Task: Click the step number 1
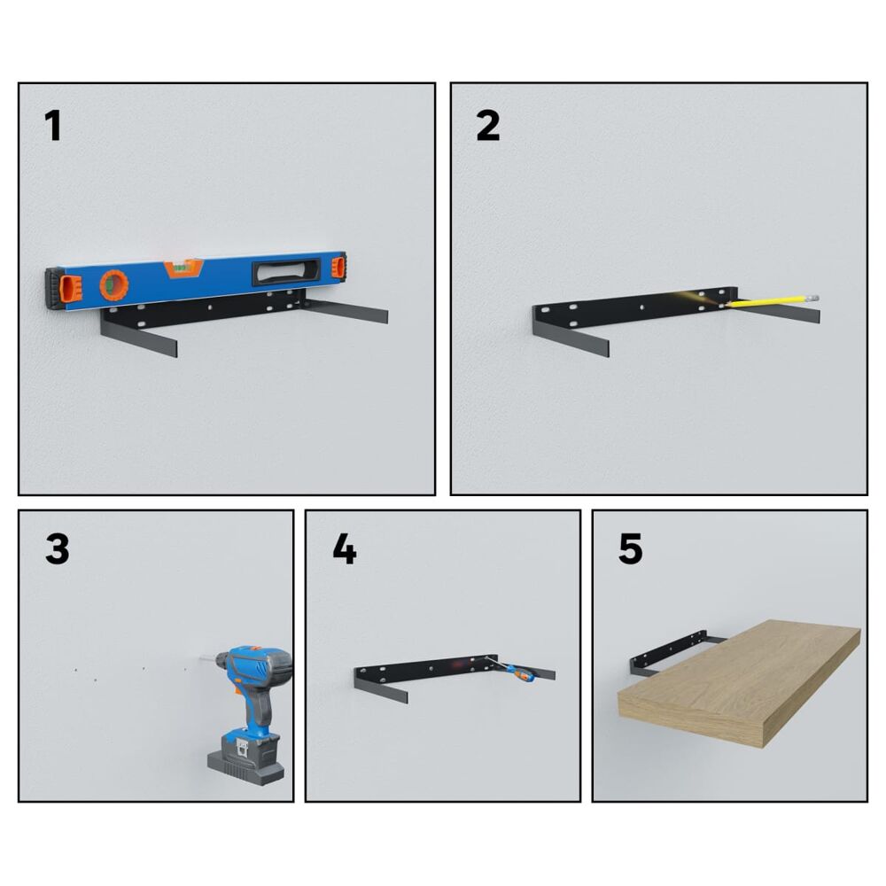tap(53, 126)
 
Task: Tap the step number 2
tap(488, 126)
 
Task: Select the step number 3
tap(57, 548)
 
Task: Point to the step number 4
tap(345, 548)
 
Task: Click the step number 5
tap(631, 548)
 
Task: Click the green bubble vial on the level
tap(183, 263)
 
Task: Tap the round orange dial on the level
tap(114, 285)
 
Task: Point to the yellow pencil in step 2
tap(772, 300)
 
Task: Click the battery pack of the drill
tap(245, 760)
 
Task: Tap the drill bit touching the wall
tap(206, 658)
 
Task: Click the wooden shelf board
tap(740, 684)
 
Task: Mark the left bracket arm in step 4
tap(381, 688)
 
